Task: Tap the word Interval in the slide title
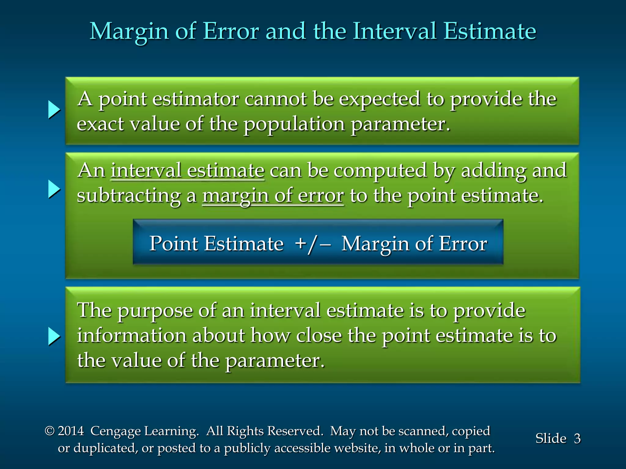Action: pos(394,31)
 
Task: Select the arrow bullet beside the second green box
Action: pos(54,189)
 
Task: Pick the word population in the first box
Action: pos(294,125)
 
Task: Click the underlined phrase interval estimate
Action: pos(187,171)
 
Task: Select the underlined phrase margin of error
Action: pos(273,196)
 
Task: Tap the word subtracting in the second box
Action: pos(129,196)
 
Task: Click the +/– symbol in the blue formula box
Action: pos(312,244)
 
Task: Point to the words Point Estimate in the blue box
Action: pos(216,244)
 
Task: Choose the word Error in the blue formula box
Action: pos(463,244)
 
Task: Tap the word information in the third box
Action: pos(131,336)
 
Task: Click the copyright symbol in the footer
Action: pos(50,431)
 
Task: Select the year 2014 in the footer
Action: pos(71,431)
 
